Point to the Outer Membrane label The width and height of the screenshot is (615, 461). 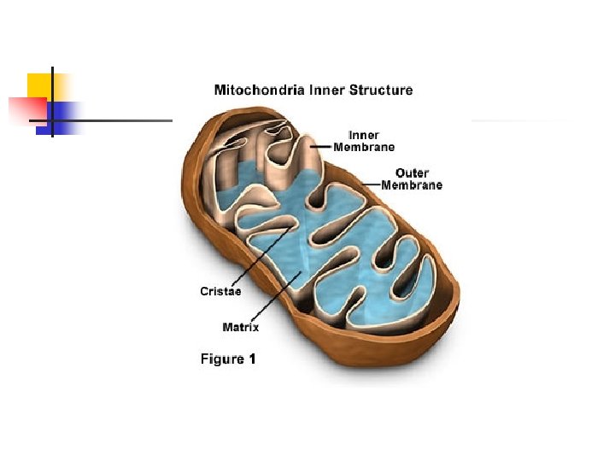point(412,179)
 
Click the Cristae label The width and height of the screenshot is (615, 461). point(220,291)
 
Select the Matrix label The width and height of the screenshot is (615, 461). point(240,327)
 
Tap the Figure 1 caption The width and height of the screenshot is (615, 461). point(228,359)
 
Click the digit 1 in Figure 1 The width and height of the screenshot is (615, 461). point(251,359)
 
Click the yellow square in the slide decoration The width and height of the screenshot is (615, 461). point(39,85)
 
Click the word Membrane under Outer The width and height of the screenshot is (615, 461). point(412,185)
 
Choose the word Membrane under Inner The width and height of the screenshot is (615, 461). point(364,147)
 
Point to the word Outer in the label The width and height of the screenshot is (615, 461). point(412,173)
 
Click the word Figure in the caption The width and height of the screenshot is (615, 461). point(222,359)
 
